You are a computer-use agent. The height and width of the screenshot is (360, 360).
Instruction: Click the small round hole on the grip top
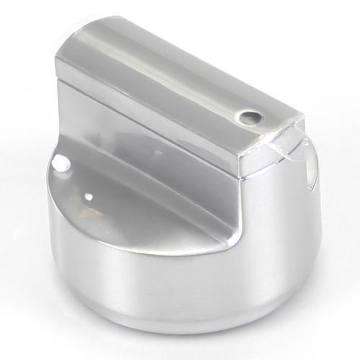249,114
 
